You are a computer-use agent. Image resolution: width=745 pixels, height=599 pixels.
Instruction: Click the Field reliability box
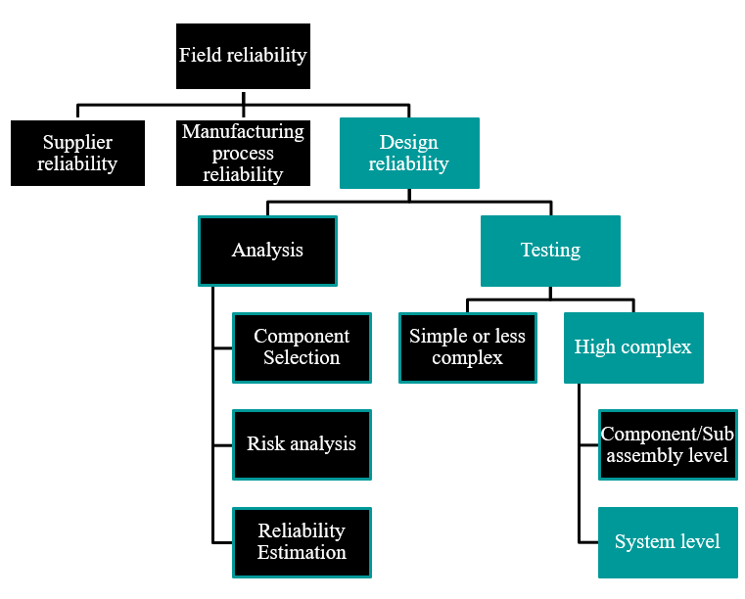point(243,56)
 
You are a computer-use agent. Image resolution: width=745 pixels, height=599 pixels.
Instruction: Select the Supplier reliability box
point(77,153)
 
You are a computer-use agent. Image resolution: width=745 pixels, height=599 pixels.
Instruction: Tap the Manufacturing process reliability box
point(243,153)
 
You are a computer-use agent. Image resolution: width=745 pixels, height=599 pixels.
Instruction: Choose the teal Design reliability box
point(408,153)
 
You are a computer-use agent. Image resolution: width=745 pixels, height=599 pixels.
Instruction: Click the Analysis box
point(267,251)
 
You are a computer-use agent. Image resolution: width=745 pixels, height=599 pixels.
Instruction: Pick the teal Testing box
point(550,251)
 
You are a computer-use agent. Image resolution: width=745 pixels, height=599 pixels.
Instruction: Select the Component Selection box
point(302,347)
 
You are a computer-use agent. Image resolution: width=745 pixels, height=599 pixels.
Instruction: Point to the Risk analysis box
point(302,444)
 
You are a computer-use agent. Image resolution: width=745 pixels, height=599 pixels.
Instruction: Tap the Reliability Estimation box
point(302,541)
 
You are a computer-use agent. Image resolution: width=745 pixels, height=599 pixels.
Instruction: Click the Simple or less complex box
point(467,347)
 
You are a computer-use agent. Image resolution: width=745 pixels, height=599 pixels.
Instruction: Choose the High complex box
point(632,347)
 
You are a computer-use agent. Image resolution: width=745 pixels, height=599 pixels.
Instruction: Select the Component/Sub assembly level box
point(667,444)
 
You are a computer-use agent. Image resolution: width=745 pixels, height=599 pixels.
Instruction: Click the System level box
point(667,541)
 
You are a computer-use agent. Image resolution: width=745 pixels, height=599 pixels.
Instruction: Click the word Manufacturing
point(243,132)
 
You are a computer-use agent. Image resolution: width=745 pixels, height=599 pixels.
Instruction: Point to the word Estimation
point(302,552)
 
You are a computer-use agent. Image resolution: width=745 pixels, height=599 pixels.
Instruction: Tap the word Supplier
point(77,143)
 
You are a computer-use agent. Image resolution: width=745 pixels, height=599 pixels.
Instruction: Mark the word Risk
point(265,444)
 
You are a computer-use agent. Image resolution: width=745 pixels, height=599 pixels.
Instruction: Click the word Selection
point(302,358)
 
